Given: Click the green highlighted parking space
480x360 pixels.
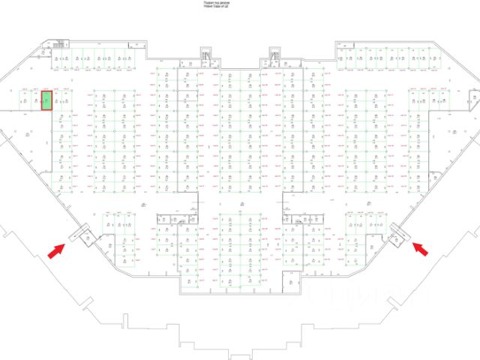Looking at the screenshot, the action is click(46, 99).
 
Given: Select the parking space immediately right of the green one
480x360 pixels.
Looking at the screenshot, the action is click(60, 99).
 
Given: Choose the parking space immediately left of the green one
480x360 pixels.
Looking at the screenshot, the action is click(34, 99).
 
